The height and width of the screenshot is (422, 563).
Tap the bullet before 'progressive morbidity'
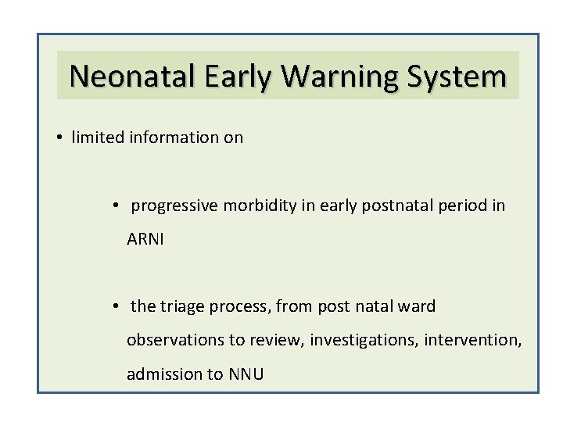(114, 206)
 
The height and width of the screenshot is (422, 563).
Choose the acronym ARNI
(146, 240)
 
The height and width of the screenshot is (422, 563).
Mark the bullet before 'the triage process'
(114, 306)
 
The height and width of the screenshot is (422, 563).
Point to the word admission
(162, 374)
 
